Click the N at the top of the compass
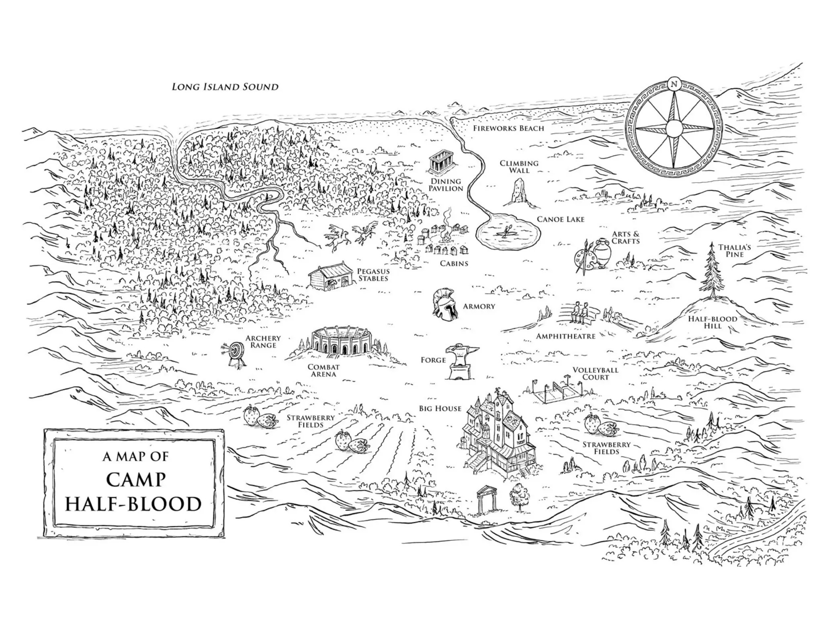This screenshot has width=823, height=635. click(674, 84)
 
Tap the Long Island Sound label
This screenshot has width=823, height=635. click(225, 87)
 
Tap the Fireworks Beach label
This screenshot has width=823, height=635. click(508, 128)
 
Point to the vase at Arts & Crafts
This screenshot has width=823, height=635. click(602, 253)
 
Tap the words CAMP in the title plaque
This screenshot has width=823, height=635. click(136, 479)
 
